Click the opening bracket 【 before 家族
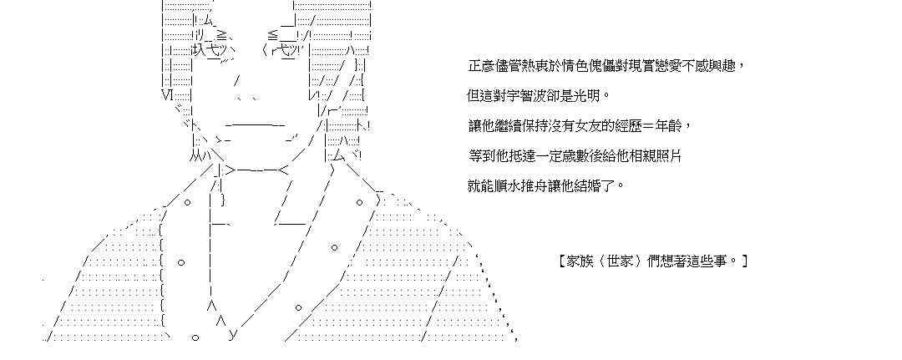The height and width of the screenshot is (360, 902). pos(564,261)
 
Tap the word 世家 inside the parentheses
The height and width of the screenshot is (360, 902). pos(628,261)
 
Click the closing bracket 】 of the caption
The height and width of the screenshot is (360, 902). pos(743,261)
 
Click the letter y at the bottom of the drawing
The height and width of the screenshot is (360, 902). pos(233,335)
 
